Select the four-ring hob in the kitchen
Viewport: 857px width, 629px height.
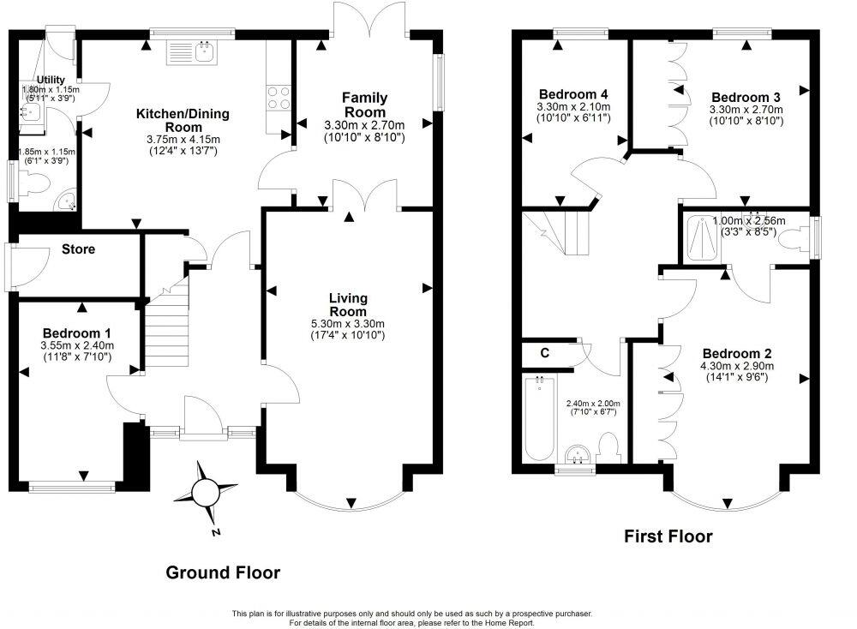279,98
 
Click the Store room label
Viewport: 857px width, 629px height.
78,249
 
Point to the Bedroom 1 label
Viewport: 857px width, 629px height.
76,332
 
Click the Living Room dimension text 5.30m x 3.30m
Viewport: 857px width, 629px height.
348,322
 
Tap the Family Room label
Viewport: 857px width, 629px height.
365,105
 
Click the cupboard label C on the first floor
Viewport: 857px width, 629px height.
544,352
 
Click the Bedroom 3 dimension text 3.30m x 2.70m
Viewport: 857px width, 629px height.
745,110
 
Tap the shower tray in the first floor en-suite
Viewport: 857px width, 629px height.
706,237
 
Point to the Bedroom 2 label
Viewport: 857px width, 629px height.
731,353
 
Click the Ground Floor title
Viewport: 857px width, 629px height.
222,572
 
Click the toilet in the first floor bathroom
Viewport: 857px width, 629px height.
610,446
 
